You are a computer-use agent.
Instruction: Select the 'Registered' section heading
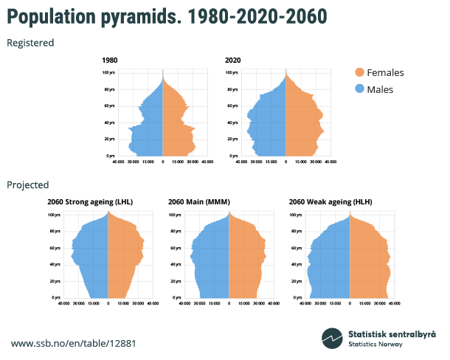(30, 43)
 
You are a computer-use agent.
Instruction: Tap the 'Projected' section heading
(28, 184)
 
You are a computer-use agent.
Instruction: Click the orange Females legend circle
(359, 72)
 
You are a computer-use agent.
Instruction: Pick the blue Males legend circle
(359, 89)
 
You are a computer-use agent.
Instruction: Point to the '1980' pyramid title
(109, 60)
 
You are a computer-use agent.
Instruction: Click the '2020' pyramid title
(233, 60)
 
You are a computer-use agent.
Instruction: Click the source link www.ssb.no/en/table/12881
(73, 344)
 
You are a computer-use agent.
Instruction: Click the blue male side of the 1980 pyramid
(148, 125)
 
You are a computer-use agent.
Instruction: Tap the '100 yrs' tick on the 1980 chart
(108, 72)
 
